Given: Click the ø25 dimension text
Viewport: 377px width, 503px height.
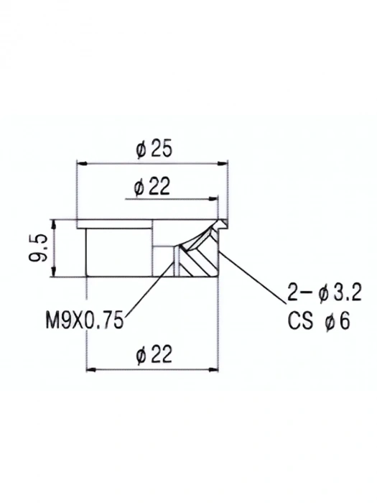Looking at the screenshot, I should click(152, 150).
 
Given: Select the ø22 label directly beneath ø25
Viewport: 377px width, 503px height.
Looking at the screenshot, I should click(152, 188).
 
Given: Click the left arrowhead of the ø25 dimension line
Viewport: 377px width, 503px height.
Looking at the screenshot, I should click(80, 165).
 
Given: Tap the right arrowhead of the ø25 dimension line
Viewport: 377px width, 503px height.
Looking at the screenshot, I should click(223, 165).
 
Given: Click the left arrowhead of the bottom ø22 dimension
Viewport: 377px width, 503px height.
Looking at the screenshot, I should click(90, 370).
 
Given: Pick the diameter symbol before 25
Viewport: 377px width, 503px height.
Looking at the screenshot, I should click(140, 150).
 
